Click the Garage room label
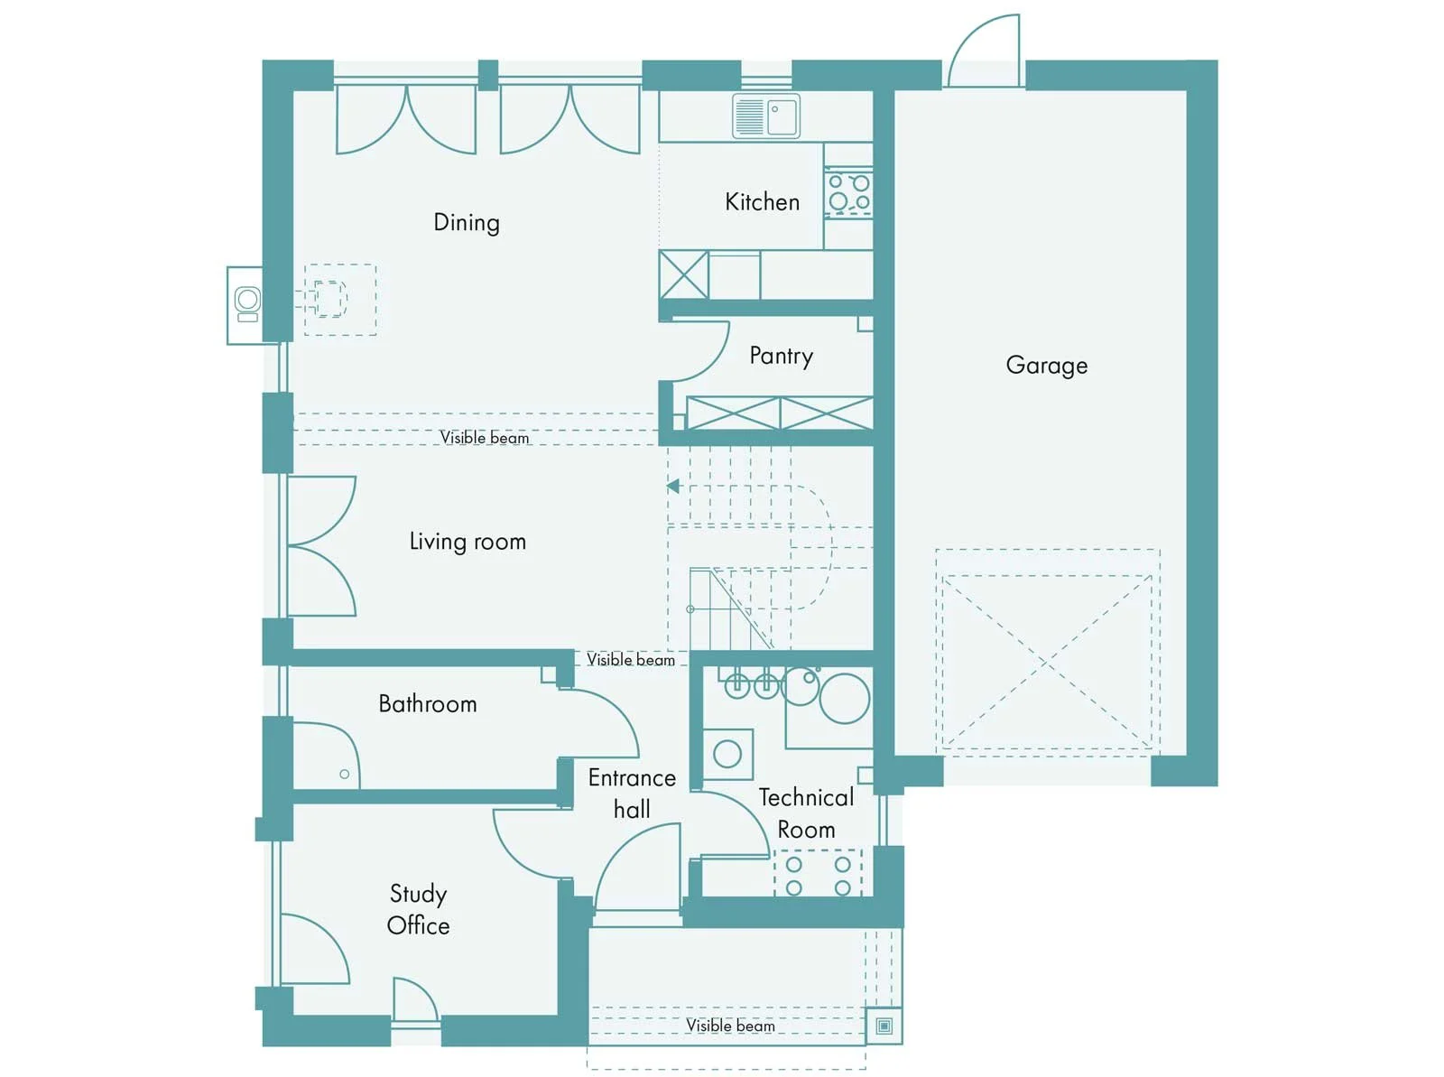coord(1046,365)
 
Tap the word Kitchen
coord(762,202)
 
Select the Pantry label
coord(781,357)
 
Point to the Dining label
coord(467,223)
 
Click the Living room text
coord(467,542)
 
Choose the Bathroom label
coord(428,704)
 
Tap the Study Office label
coord(419,909)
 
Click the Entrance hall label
coord(632,794)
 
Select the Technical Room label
coord(807,813)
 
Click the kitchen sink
coord(766,116)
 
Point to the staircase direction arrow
coord(673,486)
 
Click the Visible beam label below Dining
coord(484,438)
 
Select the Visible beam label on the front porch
coord(730,1025)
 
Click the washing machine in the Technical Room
coord(727,754)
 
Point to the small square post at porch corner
coord(884,1026)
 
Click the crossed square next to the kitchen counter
coord(683,275)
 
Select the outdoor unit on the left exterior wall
coord(245,305)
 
